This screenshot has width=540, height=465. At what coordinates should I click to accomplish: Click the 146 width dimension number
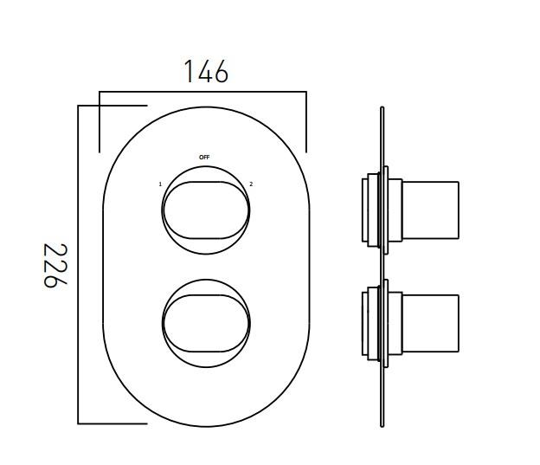[x=206, y=72]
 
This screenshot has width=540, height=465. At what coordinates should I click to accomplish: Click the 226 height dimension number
[x=55, y=266]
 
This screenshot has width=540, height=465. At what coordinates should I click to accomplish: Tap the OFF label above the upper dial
[x=204, y=158]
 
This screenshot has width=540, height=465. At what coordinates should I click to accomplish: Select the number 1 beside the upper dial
[x=160, y=184]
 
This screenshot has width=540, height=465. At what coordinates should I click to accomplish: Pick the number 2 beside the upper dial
[x=251, y=184]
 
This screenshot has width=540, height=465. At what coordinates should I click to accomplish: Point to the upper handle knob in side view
[x=430, y=210]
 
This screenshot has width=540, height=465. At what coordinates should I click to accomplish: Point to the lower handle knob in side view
[x=430, y=323]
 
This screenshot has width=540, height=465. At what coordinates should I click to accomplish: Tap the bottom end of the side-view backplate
[x=382, y=423]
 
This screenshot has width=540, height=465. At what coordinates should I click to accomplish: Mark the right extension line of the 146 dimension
[x=306, y=121]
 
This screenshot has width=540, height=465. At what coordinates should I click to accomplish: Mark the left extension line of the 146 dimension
[x=100, y=121]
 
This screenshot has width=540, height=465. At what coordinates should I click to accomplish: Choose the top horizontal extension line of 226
[x=112, y=106]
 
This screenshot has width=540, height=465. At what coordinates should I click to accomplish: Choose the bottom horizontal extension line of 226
[x=112, y=423]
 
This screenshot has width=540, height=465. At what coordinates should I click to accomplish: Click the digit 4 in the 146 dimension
[x=205, y=72]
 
